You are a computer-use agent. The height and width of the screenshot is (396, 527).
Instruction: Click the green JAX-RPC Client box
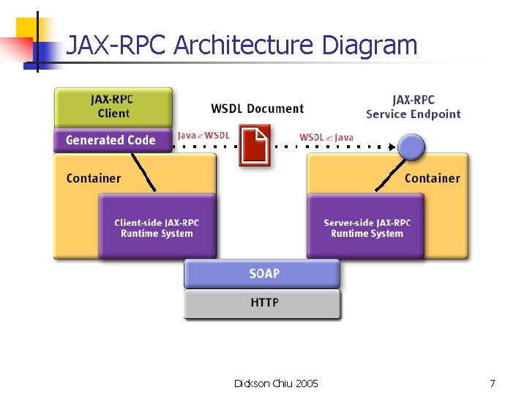(113, 107)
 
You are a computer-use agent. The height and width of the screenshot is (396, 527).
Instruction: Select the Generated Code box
(113, 140)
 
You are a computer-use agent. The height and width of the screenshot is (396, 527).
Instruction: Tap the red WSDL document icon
(255, 145)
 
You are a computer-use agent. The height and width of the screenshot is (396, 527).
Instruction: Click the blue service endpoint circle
(411, 147)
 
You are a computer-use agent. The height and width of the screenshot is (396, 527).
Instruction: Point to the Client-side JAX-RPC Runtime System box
(157, 226)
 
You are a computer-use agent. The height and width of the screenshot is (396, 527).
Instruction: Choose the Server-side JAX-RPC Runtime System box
(366, 226)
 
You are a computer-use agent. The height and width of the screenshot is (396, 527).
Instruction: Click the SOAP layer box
(262, 274)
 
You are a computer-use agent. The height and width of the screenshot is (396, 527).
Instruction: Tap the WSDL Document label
(258, 109)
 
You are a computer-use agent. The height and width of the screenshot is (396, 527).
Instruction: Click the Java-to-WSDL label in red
(203, 136)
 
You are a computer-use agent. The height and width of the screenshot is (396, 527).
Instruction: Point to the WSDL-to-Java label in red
(326, 137)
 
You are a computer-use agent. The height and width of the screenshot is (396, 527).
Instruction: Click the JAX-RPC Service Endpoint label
(413, 107)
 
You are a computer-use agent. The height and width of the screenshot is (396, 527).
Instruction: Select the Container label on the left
(94, 178)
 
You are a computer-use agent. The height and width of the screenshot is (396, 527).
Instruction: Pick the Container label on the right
(433, 178)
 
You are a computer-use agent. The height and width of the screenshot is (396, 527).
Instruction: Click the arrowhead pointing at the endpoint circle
(392, 147)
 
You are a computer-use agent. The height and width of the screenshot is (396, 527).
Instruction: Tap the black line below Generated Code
(143, 172)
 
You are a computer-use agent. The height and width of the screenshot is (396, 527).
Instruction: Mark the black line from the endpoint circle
(390, 175)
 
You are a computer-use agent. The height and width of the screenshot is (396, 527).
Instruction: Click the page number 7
(493, 384)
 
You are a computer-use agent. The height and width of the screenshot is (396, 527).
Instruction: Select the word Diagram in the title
(370, 45)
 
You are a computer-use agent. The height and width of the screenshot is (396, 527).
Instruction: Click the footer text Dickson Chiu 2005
(276, 384)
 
